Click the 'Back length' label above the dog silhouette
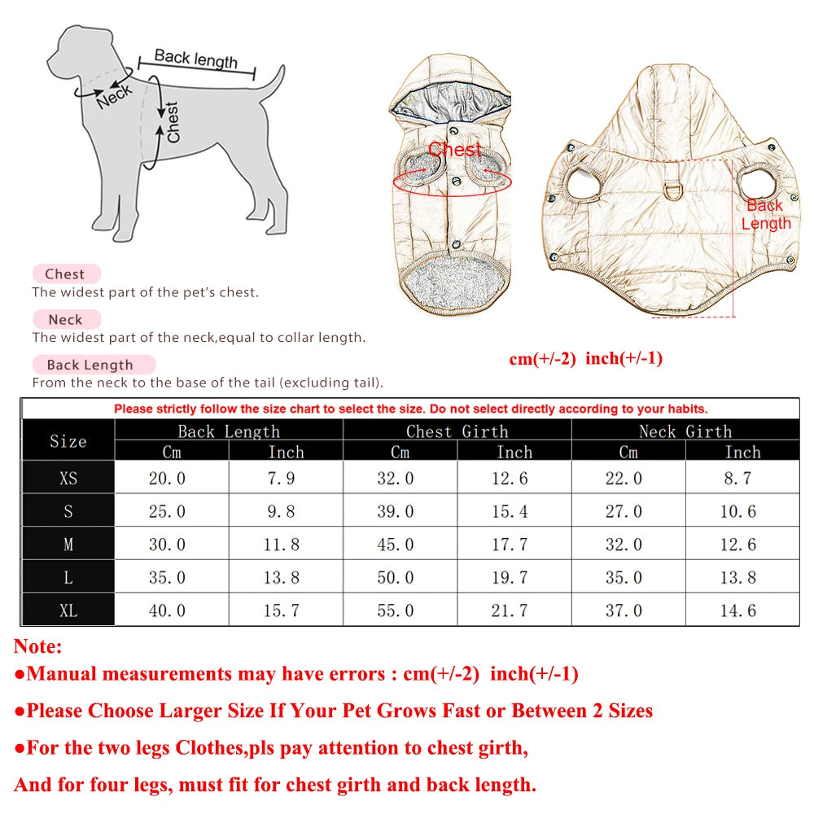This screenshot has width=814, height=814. point(196,59)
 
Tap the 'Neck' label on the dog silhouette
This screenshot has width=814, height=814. point(114,95)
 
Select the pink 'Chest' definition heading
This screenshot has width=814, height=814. point(65,274)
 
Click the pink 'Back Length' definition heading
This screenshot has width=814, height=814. point(90,365)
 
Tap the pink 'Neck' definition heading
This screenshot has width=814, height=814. point(65,320)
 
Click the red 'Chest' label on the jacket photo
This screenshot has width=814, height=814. point(455,150)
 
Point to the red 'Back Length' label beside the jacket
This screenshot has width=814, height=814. point(765,215)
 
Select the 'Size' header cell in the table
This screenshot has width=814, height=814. point(68,441)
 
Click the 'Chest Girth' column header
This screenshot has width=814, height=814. point(457,431)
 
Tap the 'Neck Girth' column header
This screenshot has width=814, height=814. point(685,431)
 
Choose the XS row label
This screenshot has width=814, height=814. point(68,479)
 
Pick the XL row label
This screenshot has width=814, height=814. point(68,610)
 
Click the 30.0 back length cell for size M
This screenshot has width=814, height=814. point(167,545)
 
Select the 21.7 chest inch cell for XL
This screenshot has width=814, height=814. point(510,610)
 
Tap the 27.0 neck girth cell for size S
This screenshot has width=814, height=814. point(624,512)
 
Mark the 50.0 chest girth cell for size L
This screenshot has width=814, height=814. point(396,578)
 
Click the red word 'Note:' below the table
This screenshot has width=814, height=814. point(37,648)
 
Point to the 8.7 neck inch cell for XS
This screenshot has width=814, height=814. point(737,479)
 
